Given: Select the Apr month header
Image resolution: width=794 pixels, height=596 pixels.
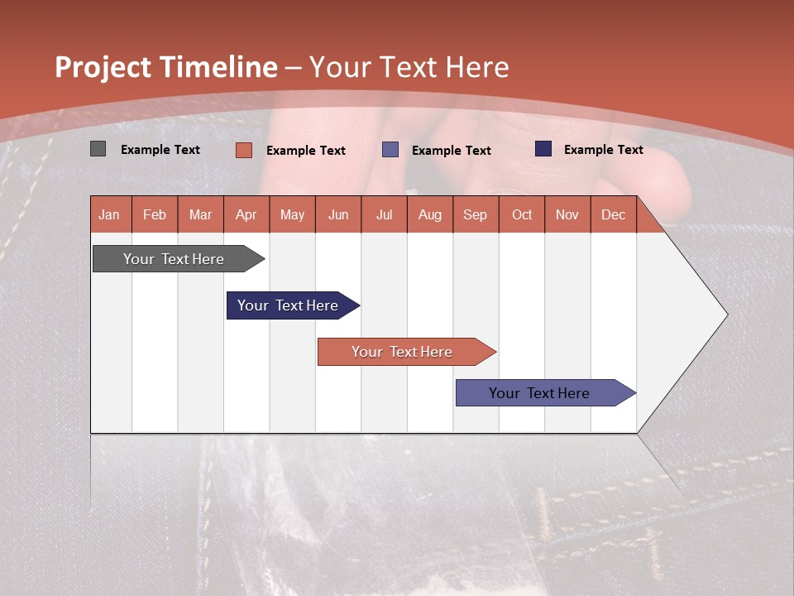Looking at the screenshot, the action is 246,214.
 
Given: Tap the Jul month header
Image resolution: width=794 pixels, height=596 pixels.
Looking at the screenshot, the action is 385,214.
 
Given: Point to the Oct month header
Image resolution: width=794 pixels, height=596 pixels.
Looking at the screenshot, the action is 522,214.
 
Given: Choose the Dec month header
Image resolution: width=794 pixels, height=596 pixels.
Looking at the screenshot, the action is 614,214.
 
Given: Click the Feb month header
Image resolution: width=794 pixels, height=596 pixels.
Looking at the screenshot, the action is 155,214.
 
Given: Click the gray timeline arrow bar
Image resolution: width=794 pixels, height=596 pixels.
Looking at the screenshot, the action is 179,259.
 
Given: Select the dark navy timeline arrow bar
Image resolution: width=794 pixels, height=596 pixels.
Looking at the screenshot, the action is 293,305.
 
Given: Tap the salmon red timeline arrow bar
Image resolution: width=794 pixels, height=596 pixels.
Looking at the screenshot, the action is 407,352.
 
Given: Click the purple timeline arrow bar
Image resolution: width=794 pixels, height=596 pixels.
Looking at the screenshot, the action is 546,392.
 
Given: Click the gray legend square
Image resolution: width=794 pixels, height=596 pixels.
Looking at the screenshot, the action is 98,148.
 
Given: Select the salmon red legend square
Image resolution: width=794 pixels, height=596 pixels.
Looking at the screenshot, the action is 243,150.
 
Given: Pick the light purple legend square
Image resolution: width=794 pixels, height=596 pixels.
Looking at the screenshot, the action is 390,150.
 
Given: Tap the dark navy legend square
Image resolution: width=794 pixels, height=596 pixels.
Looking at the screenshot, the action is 543,148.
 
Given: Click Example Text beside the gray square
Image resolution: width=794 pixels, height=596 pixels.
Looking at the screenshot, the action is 160,150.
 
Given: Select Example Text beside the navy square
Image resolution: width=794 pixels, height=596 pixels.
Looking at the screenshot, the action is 604,150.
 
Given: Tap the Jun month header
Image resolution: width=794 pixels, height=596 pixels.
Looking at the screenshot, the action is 338,214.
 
